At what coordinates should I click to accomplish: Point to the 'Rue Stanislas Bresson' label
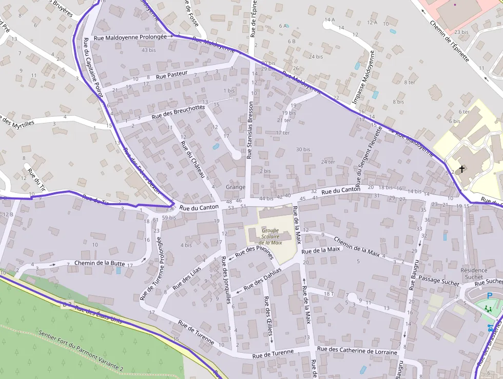click(250, 128)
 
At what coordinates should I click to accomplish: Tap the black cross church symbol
click(461, 169)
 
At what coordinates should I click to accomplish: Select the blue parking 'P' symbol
click(489, 296)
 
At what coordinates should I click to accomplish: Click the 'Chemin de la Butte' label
click(100, 263)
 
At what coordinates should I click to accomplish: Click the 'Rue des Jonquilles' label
click(225, 280)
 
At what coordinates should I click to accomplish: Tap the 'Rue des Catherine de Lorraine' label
click(357, 351)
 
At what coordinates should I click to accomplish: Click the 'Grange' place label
click(235, 187)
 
